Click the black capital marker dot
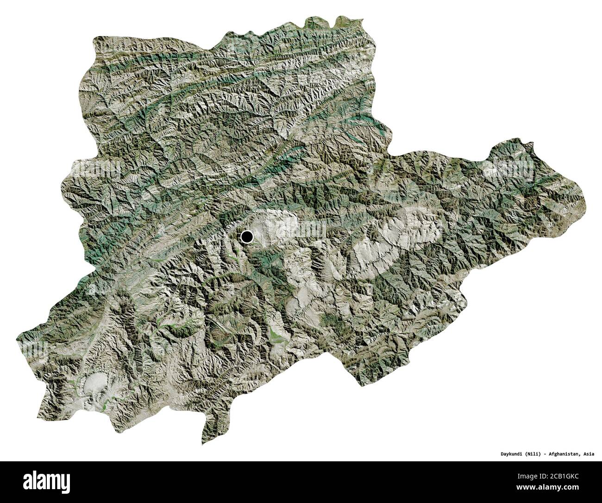[247, 237]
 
